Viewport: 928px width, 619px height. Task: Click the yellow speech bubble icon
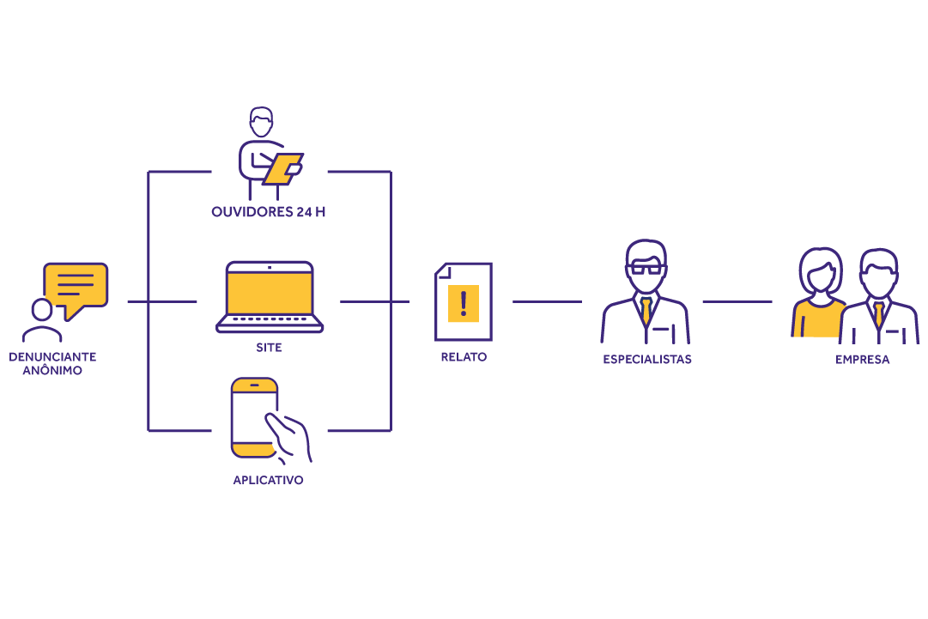76,287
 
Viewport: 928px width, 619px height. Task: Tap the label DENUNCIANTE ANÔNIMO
52,363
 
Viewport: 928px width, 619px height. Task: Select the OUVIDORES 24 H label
269,212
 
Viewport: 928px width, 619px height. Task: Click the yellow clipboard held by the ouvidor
282,169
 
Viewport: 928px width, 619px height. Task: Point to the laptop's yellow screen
270,293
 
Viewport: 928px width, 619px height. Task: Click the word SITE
269,348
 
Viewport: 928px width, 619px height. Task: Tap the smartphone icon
255,417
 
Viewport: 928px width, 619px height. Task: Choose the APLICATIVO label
268,480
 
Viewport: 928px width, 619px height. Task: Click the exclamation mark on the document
464,303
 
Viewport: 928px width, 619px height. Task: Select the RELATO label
464,356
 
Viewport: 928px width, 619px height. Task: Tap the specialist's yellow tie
646,311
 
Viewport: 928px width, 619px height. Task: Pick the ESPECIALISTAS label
647,360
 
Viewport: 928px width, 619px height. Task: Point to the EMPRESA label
862,360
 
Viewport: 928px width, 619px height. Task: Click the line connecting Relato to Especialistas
547,301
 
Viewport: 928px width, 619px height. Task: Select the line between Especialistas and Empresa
737,301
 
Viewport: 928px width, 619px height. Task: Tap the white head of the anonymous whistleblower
41,309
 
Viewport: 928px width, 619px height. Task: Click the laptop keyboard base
270,325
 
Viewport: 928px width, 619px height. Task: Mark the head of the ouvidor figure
261,122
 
